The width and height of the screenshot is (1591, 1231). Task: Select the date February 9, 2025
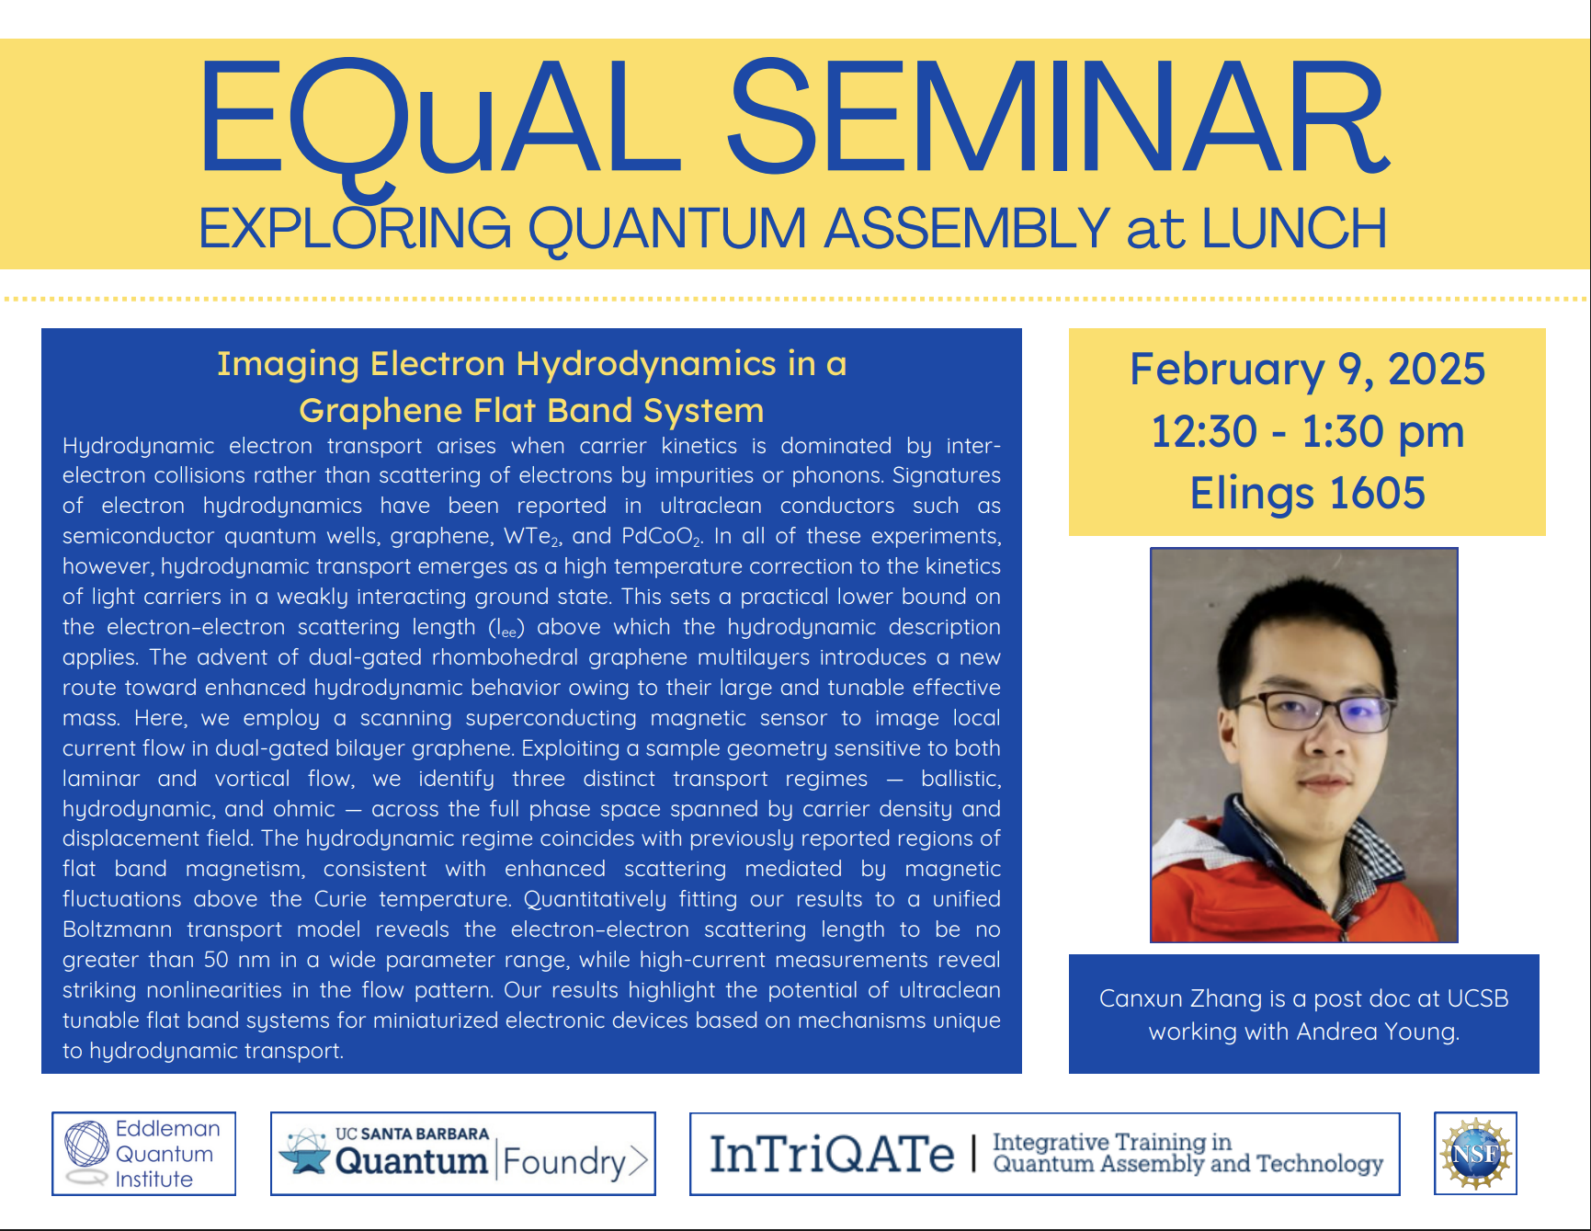tap(1306, 370)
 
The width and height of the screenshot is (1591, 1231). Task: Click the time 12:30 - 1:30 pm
tap(1306, 431)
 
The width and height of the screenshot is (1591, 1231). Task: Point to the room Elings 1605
tap(1306, 494)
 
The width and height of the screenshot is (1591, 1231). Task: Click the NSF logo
tap(1474, 1153)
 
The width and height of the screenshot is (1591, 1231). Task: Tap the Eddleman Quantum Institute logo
tap(143, 1153)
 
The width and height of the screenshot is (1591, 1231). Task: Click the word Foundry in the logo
tap(564, 1162)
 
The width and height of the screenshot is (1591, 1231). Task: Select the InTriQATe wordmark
tap(832, 1155)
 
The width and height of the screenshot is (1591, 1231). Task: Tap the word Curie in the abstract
tap(340, 899)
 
